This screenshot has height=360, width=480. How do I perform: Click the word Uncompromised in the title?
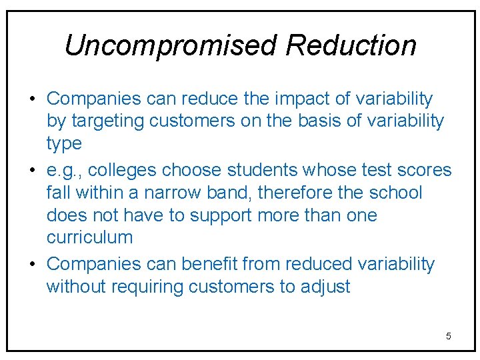pos(170,45)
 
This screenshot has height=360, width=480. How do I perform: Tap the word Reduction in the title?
pos(351,45)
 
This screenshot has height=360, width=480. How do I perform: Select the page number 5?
pos(448,336)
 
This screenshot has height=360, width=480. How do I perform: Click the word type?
pos(64,144)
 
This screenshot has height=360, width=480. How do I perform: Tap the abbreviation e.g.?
pos(65,171)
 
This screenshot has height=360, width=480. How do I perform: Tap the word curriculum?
pos(90,237)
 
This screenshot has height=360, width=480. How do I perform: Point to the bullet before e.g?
pos(32,171)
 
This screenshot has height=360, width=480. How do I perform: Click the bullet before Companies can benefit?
pos(32,264)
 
